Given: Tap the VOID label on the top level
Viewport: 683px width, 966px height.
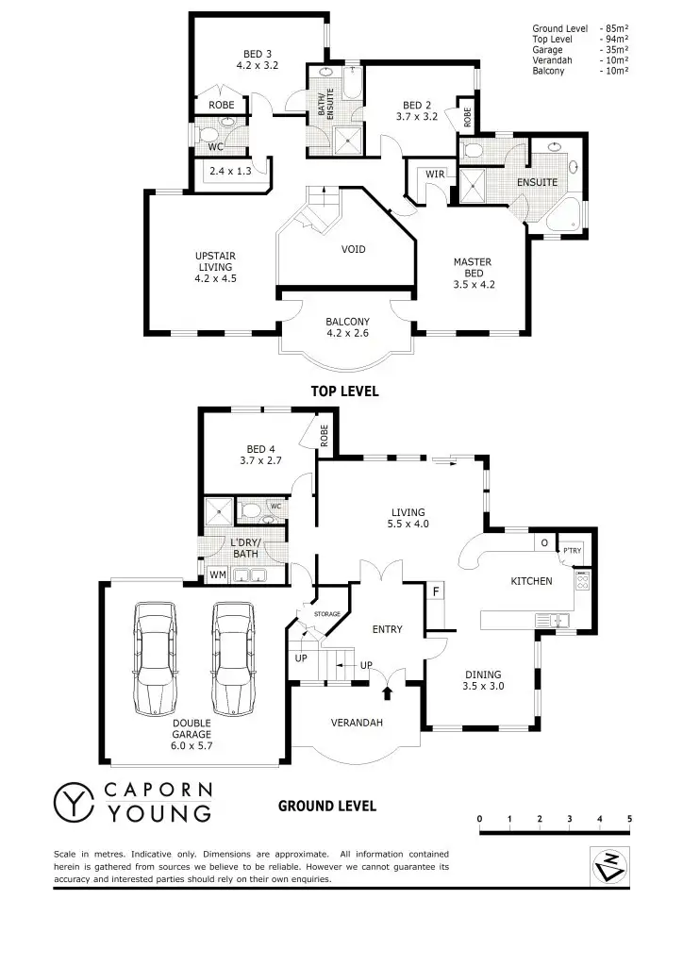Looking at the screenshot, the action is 353,249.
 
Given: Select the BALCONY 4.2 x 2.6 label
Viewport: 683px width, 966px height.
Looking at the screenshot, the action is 344,326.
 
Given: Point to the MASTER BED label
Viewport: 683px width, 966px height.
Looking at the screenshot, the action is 472,273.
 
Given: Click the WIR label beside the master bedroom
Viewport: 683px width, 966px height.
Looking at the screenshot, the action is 434,175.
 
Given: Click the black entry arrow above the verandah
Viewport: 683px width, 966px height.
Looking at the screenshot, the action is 386,694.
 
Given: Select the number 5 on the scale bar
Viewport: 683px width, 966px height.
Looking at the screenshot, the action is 629,818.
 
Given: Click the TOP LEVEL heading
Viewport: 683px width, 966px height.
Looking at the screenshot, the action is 344,391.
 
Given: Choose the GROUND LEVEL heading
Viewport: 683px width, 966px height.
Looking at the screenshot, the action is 327,806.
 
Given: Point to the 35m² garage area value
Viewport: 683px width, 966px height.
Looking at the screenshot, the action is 614,50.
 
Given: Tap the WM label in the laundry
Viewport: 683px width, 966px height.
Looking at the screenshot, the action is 217,575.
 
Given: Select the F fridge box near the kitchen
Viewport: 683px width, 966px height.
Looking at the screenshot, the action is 436,591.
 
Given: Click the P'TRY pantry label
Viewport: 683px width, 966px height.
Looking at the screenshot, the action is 572,550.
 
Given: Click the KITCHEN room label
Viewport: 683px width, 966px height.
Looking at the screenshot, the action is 531,581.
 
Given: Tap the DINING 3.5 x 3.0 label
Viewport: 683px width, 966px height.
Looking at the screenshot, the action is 484,680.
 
